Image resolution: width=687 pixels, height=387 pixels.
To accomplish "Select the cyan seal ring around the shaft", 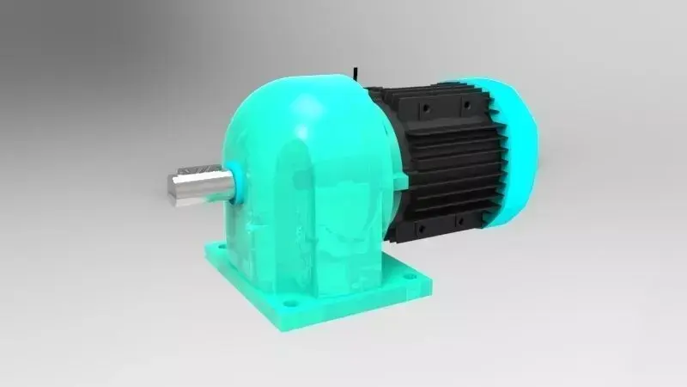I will coord(238,181).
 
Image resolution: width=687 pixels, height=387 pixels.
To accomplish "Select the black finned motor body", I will coord(447,163).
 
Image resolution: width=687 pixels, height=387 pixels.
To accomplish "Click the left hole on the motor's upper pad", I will coord(424,108).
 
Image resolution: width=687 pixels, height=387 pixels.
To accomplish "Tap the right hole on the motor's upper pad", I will coord(465,105).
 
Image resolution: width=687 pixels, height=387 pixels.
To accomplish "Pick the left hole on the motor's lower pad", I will coord(421,228).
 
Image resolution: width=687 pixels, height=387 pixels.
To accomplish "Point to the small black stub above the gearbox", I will coord(355,70).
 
